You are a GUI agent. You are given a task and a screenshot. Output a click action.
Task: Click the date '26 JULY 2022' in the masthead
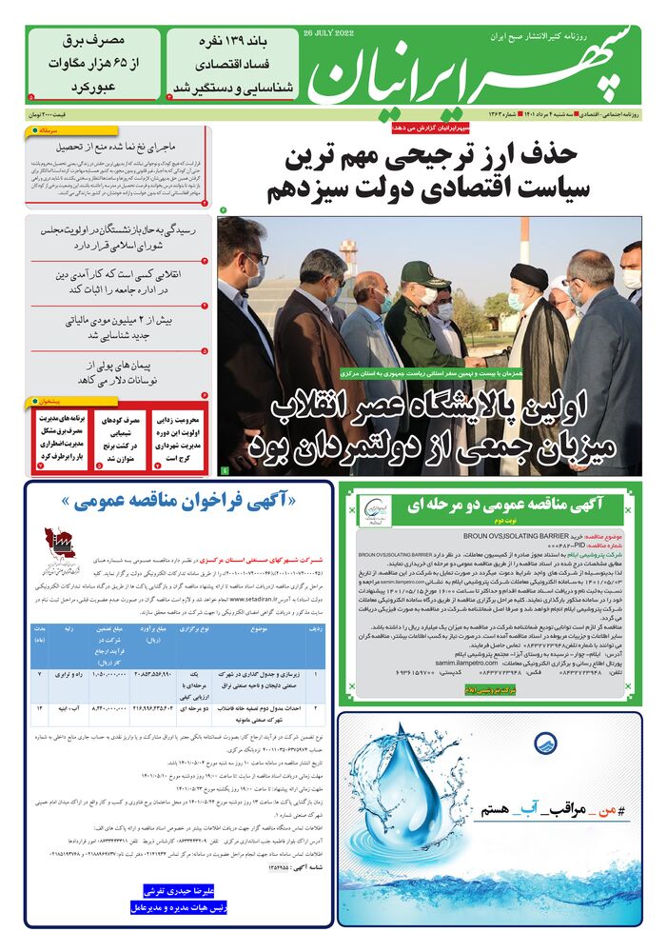(x=328, y=32)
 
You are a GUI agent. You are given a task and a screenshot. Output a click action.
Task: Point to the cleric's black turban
(x=529, y=275)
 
